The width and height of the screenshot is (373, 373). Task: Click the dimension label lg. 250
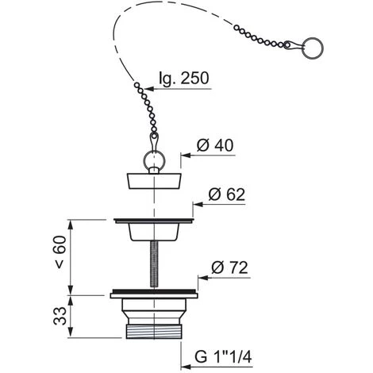pos(184,78)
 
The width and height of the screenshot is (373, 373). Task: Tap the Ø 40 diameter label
pos(215,145)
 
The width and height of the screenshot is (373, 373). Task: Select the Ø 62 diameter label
pos(226,194)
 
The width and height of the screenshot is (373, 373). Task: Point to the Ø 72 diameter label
pos(229,267)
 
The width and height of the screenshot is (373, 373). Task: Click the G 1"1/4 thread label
pos(223,357)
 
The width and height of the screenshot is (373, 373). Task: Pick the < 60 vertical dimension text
pos(60,252)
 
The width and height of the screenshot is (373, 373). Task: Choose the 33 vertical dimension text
pos(60,316)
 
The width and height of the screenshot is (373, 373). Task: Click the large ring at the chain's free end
pos(313,48)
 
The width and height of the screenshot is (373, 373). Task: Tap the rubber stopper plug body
pos(154,181)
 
